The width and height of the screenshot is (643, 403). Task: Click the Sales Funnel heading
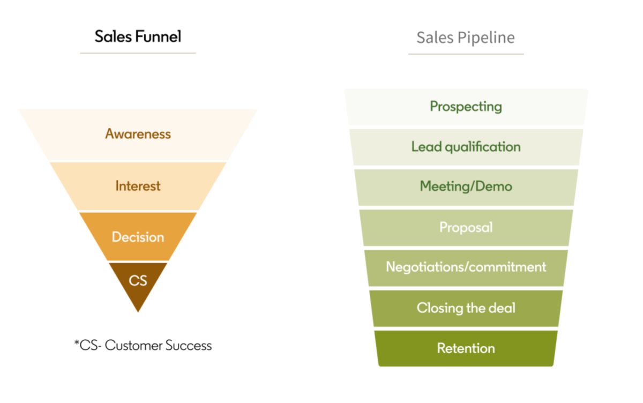138,36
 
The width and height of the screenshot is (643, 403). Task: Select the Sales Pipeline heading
465,38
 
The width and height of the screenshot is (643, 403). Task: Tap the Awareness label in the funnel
138,133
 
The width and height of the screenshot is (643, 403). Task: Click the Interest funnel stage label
138,186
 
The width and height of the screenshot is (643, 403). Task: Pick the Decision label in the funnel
138,237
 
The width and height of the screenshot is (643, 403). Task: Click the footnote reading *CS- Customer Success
143,346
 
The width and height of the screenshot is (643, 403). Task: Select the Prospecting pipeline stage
466,106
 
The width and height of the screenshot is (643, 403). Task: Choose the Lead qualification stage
466,146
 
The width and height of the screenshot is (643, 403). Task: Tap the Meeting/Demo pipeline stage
466,186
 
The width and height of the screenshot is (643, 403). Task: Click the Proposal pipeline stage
466,227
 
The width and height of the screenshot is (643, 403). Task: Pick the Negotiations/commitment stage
466,267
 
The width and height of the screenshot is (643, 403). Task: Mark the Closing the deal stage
466,308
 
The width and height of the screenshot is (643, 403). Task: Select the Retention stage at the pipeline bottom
466,348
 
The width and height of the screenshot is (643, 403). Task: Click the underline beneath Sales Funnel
138,53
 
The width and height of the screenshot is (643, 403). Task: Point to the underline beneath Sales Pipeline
465,54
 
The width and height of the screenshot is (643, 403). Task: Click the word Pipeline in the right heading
488,38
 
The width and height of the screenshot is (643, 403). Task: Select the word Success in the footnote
189,346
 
